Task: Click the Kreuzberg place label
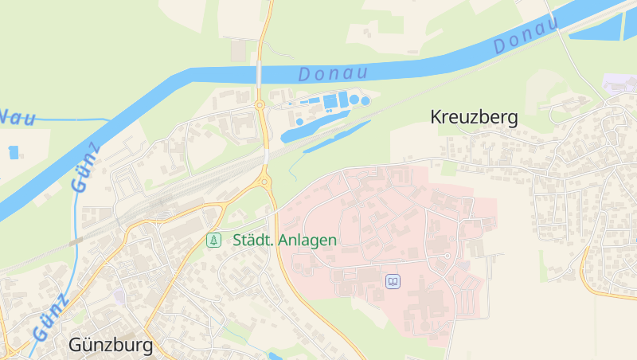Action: pos(474,118)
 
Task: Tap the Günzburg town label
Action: pos(111,346)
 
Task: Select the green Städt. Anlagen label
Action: pos(284,240)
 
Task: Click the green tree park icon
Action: pos(213,240)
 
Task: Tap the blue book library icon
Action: pos(393,281)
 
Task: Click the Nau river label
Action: pos(18,118)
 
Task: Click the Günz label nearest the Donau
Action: pos(85,167)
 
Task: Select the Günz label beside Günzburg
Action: pos(50,317)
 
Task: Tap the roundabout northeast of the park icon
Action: pos(264,182)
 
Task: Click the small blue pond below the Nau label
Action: pos(14,151)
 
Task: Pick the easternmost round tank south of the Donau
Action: pos(365,101)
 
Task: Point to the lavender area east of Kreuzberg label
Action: pos(620,84)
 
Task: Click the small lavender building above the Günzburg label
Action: pos(119,295)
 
